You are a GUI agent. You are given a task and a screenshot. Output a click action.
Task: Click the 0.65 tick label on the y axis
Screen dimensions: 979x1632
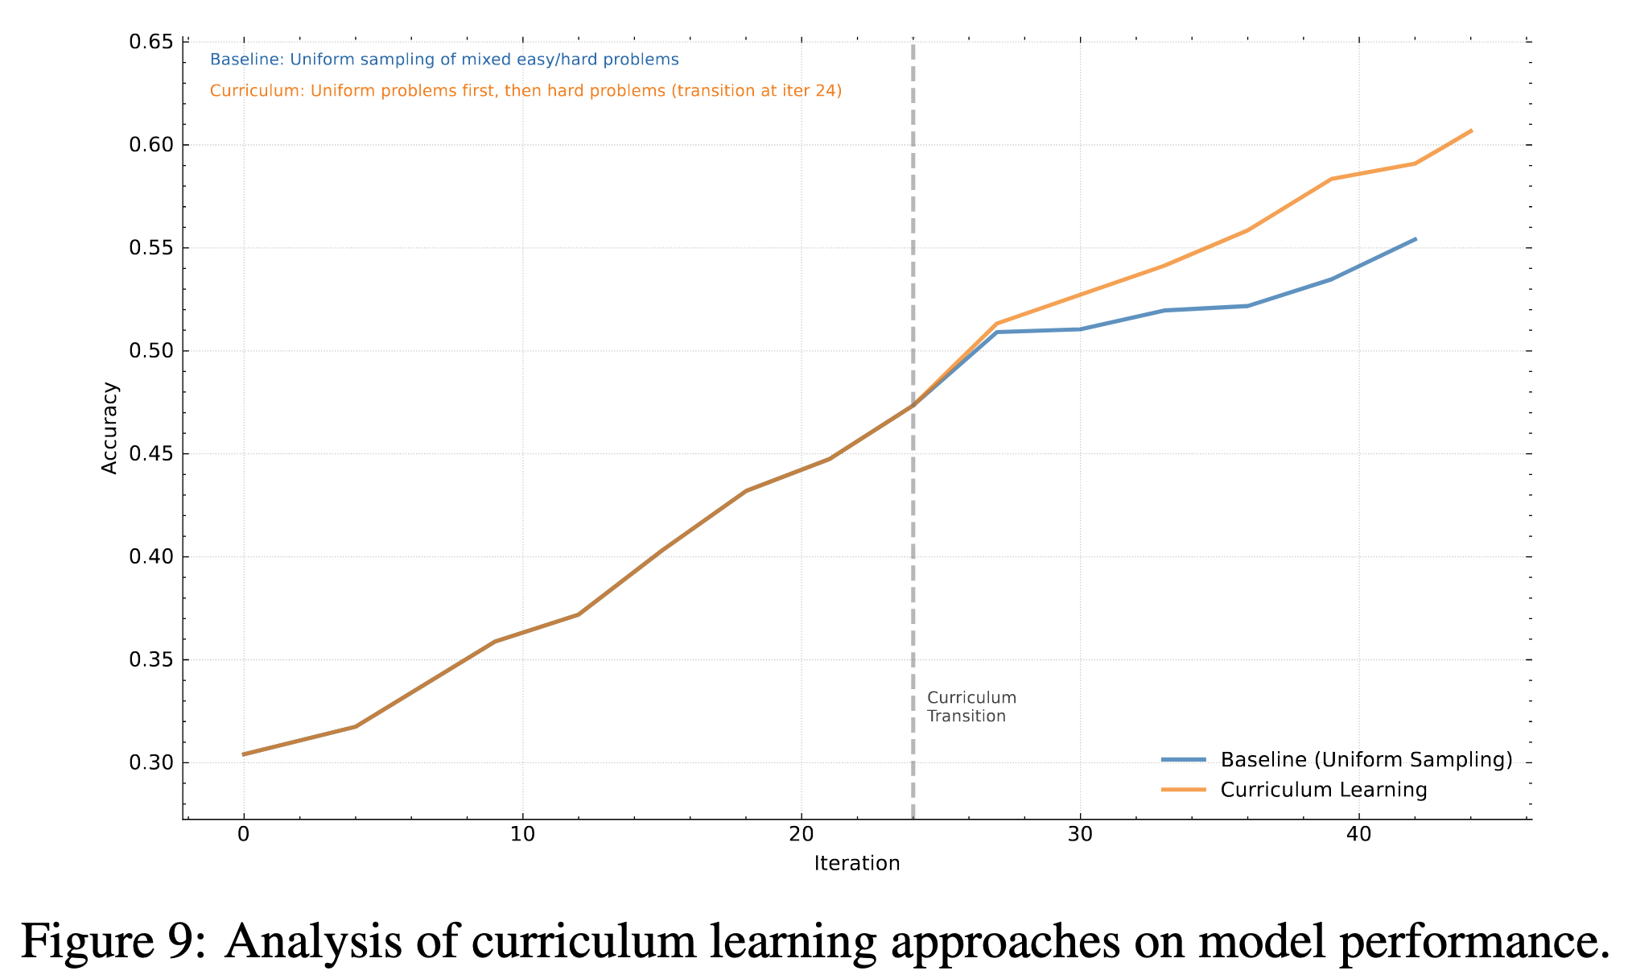tap(150, 42)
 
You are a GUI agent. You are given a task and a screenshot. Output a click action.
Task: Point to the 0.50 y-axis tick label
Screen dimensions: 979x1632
tap(150, 351)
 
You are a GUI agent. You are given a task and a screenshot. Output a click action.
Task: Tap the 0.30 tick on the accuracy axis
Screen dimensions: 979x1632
tap(150, 762)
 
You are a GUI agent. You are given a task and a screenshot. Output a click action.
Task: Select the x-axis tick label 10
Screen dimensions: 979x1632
tap(522, 834)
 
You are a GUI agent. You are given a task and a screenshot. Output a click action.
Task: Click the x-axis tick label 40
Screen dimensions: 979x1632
tap(1358, 834)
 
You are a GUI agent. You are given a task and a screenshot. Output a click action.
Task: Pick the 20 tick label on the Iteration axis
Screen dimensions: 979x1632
tap(801, 834)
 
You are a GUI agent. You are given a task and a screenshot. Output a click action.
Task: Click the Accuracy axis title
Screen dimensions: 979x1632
tap(110, 428)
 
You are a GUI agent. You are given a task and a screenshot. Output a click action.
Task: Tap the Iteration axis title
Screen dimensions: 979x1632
tap(856, 864)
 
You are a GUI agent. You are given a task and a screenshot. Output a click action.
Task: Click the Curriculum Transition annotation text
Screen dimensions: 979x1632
tap(971, 707)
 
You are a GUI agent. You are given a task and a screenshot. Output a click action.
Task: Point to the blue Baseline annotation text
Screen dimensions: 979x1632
tap(444, 60)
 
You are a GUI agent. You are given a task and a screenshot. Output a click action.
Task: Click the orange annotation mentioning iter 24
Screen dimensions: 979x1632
tap(525, 91)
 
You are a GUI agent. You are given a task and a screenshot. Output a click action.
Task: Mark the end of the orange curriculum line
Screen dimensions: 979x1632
tap(1471, 130)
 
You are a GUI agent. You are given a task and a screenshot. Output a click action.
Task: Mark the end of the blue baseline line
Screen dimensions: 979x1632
tap(1415, 239)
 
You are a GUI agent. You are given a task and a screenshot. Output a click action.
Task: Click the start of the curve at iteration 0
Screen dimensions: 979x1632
tap(244, 754)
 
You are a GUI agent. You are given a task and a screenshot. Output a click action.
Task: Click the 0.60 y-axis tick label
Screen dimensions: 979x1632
tap(150, 145)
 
